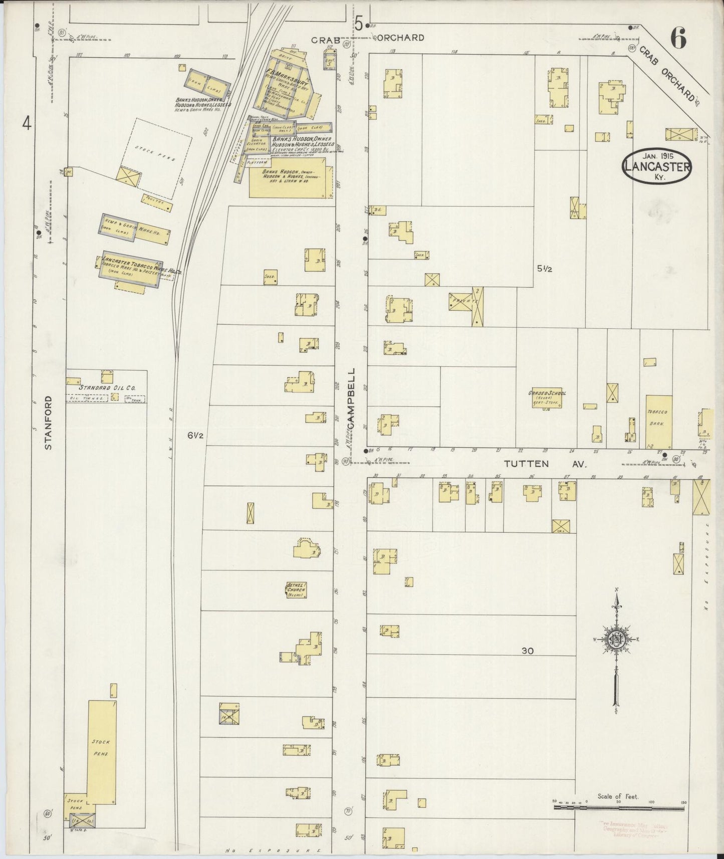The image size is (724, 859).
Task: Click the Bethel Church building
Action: [296, 590]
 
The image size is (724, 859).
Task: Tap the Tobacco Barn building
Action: [657, 421]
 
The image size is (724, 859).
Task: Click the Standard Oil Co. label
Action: [108, 387]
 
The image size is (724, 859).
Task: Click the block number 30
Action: [527, 651]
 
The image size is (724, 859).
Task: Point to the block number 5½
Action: [545, 269]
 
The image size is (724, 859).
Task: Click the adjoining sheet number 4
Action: [27, 122]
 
